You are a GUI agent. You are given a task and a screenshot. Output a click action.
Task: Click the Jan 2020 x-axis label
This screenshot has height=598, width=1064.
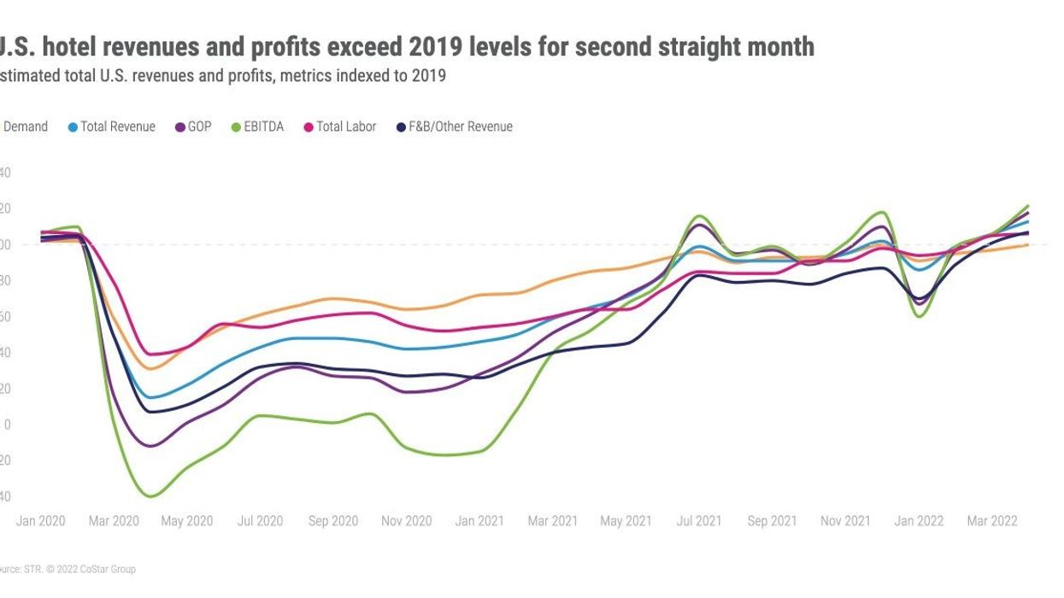[40, 521]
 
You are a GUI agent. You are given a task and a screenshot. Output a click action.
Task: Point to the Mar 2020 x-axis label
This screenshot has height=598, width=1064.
[114, 521]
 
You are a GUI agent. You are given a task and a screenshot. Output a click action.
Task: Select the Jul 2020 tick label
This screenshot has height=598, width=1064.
[260, 521]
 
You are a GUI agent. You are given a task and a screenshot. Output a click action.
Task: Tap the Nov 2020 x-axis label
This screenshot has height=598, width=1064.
[406, 521]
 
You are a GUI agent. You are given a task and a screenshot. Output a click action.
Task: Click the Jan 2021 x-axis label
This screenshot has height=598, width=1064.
[479, 521]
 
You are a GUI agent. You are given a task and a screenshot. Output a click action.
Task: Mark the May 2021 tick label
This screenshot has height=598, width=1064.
[626, 521]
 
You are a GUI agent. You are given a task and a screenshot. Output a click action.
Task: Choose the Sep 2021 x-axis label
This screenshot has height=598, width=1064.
[773, 521]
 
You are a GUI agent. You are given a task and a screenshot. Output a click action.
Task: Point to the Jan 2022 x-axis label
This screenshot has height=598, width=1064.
[919, 521]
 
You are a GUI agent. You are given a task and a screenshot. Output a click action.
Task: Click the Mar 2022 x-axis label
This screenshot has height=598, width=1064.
[992, 521]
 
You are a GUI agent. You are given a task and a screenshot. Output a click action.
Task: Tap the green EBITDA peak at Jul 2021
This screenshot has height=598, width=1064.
[699, 216]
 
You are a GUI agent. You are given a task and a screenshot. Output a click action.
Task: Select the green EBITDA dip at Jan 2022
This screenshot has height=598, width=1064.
[920, 316]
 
